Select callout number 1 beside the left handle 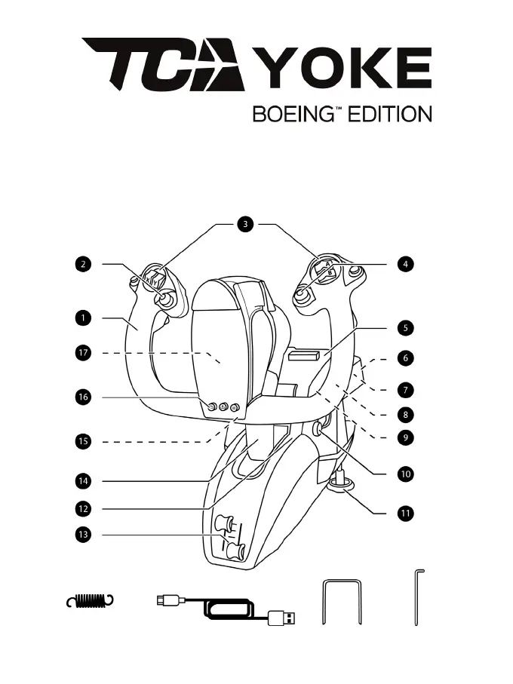click(x=81, y=317)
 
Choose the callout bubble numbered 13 click(x=81, y=535)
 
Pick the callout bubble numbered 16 click(x=81, y=397)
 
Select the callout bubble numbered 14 click(x=81, y=480)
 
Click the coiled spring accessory click(x=93, y=600)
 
